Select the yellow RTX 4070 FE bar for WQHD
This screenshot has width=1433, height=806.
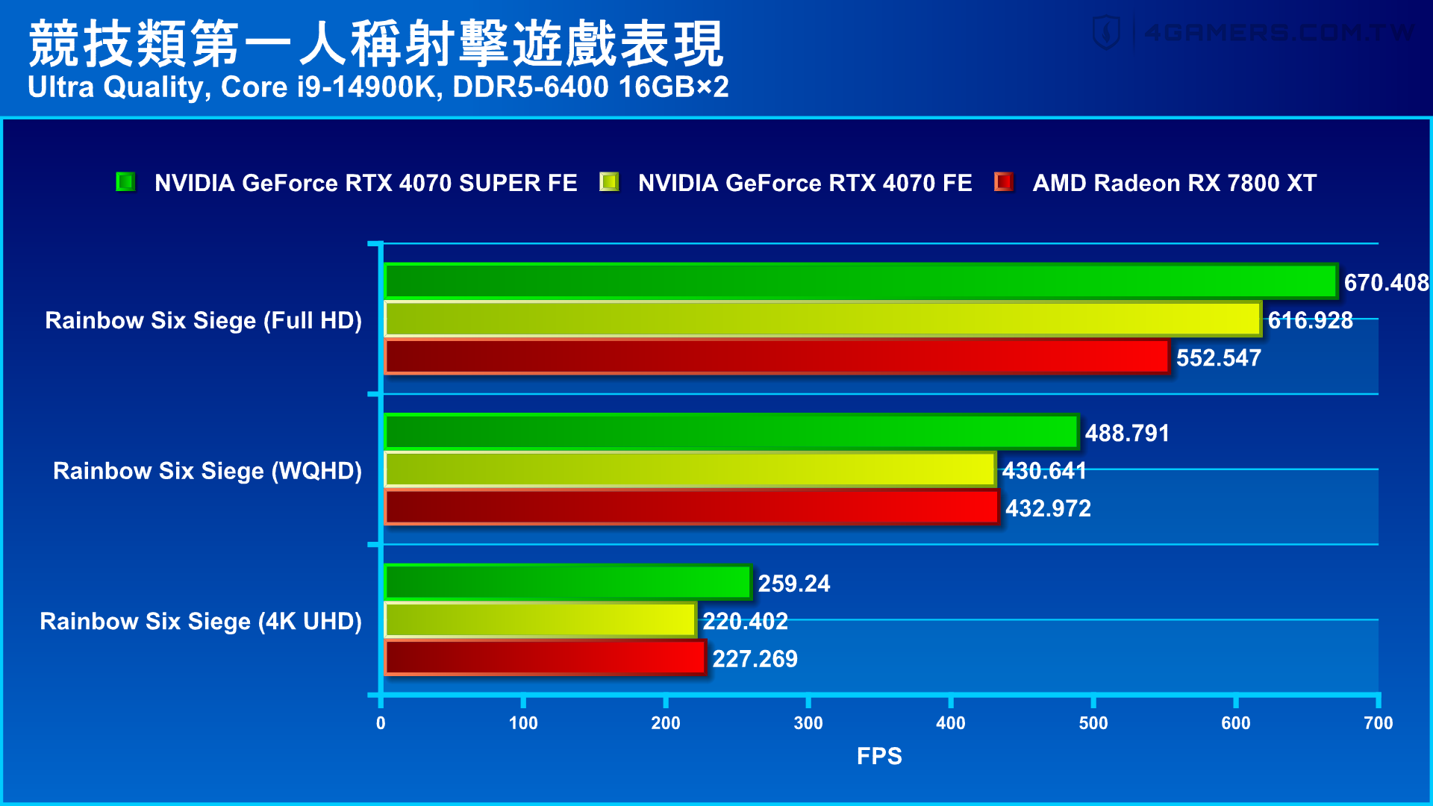pos(690,469)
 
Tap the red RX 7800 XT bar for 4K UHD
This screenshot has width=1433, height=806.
pos(545,657)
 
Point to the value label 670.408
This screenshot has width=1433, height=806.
pos(1386,283)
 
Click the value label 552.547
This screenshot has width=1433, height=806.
pos(1218,358)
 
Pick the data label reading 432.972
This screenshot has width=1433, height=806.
pos(1048,509)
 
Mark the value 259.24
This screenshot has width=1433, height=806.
pos(793,584)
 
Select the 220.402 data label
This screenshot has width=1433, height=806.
pos(745,621)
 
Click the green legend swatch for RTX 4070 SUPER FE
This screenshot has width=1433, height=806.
pos(125,182)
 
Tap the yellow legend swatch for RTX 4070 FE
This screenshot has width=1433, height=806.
pos(609,182)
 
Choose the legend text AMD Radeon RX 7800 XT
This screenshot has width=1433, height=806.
pos(1174,183)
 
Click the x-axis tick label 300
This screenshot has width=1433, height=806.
pos(808,722)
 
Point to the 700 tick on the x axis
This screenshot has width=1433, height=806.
pos(1378,722)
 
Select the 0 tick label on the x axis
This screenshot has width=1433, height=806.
pos(381,722)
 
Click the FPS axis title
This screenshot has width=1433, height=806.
pos(879,756)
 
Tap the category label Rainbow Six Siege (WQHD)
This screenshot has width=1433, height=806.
pos(207,471)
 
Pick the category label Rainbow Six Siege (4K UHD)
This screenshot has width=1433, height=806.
pos(201,621)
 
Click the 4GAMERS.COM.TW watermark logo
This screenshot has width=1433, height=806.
pos(1254,33)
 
